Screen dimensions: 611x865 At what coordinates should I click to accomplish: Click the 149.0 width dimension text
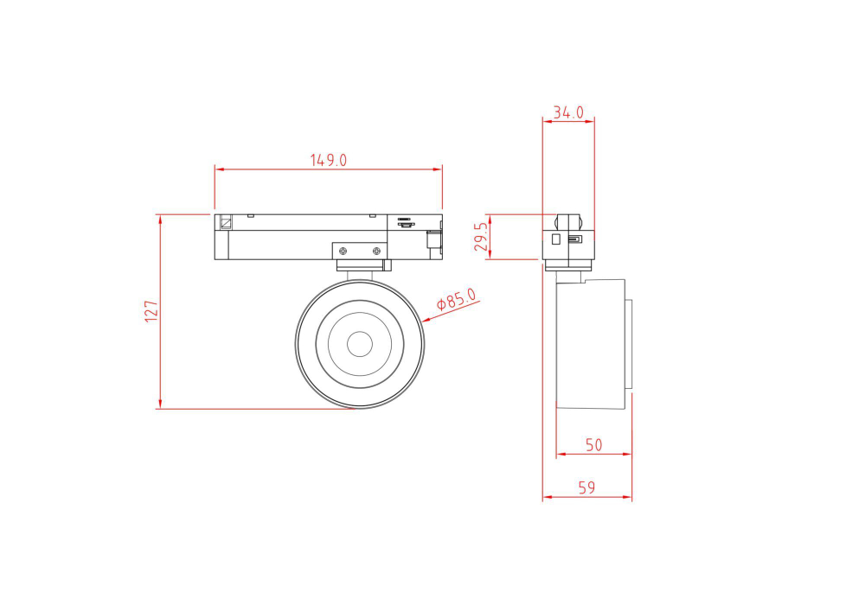pos(329,160)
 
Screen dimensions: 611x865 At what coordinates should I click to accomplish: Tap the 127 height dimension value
pos(151,311)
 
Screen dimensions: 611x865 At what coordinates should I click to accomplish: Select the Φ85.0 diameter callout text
pos(458,299)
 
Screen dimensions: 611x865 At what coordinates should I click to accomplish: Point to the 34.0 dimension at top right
pos(568,112)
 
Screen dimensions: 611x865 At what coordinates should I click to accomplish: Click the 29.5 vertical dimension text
pos(482,235)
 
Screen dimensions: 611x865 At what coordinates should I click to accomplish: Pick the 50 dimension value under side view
pos(593,445)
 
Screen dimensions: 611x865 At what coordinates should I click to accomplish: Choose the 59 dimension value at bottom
pos(586,488)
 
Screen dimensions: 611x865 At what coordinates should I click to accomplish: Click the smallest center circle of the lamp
pos(359,344)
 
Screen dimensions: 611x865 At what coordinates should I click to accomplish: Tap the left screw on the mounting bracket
pos(343,251)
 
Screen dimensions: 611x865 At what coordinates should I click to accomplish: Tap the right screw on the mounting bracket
pos(376,251)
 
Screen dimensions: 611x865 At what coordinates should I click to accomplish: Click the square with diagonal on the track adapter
pos(226,221)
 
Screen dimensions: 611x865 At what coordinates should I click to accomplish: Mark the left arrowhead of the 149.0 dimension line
pos(218,169)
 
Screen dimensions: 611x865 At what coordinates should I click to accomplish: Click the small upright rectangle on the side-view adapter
pos(556,238)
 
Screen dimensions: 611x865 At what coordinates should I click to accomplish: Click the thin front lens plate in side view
pos(629,344)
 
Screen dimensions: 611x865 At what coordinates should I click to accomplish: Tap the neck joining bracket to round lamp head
pos(359,274)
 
